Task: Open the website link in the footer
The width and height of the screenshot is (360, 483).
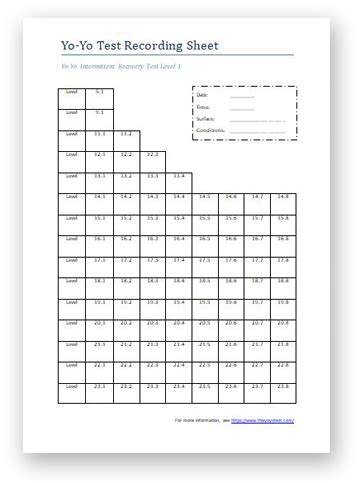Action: pos(262,421)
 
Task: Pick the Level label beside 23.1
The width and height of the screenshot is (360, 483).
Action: pos(71,392)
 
